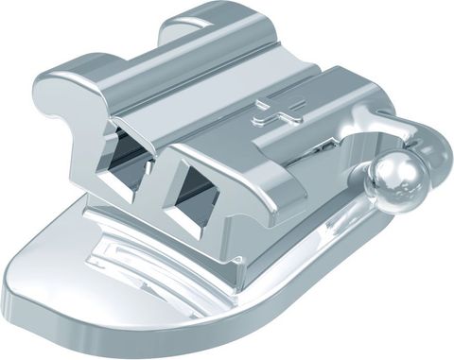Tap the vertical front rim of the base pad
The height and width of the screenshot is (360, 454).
(189, 331)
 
